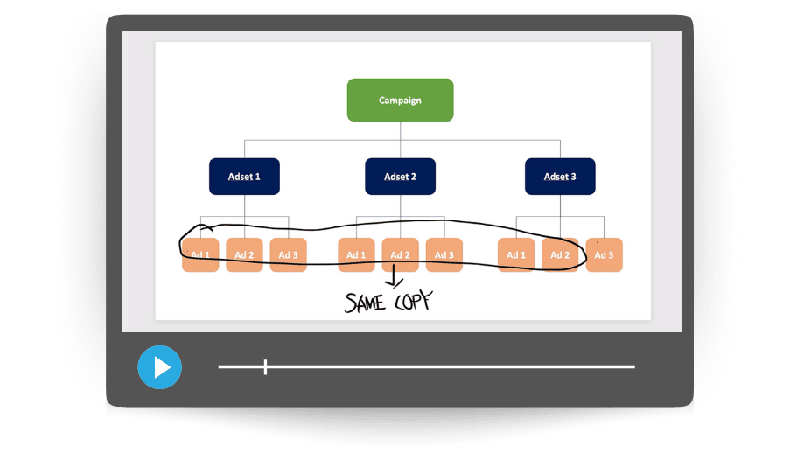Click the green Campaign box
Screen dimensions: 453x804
[400, 100]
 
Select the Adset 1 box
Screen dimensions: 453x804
[244, 177]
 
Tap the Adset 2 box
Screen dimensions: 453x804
[400, 177]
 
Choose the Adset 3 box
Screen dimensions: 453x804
[560, 177]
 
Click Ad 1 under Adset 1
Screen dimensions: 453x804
[200, 255]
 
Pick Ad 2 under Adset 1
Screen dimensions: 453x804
[244, 255]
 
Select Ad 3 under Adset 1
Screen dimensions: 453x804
[288, 255]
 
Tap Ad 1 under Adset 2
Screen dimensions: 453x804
[356, 255]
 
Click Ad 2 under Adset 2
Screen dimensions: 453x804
[400, 255]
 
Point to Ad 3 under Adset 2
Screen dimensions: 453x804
[444, 255]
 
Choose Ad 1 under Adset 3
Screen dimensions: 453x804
[516, 255]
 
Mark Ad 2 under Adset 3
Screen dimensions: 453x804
[560, 255]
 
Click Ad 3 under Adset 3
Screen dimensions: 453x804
[604, 255]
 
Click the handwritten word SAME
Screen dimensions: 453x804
[367, 303]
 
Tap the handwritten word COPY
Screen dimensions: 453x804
[411, 301]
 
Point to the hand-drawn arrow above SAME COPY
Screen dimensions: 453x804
[393, 278]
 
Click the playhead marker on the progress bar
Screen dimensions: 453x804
[265, 367]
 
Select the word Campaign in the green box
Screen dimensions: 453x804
[400, 101]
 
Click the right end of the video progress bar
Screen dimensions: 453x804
[633, 367]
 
